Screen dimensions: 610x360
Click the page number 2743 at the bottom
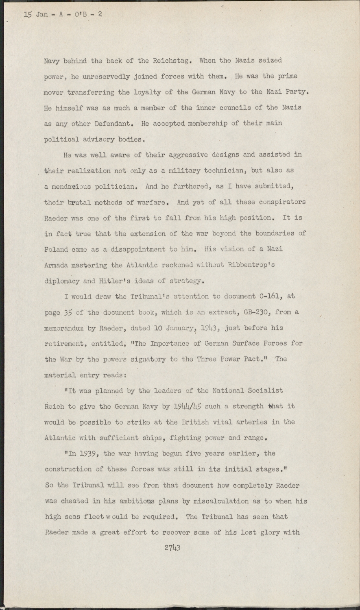(x=172, y=547)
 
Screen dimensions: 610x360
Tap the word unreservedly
(x=102, y=76)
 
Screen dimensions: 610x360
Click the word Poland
(x=56, y=249)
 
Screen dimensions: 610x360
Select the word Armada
(x=56, y=265)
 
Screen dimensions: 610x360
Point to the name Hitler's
(x=124, y=281)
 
